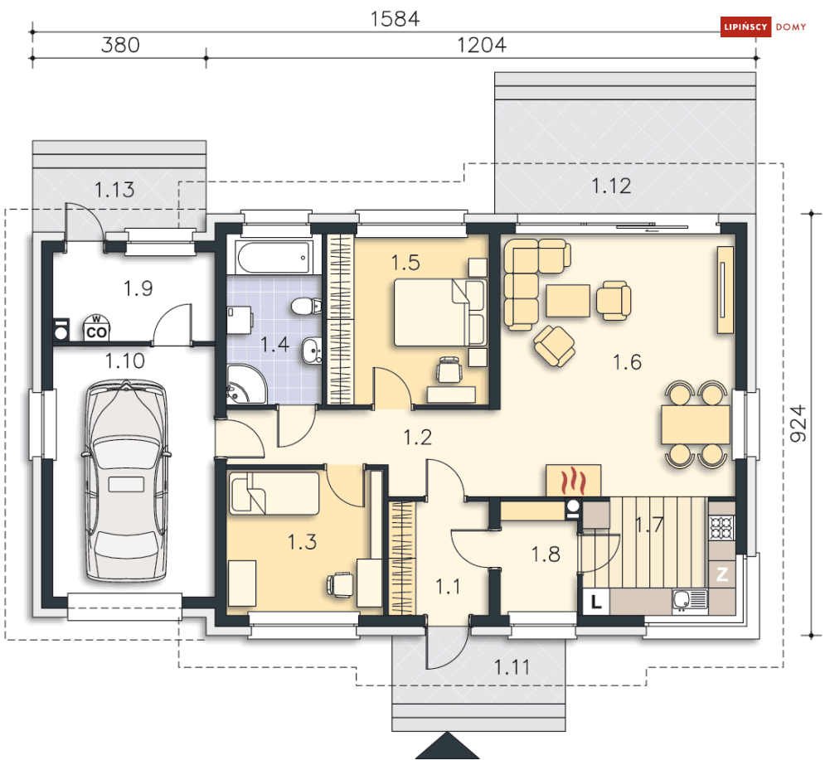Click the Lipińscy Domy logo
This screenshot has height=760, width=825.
tap(764, 27)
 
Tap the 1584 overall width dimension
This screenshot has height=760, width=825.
tap(396, 19)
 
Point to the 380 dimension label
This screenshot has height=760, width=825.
tap(120, 46)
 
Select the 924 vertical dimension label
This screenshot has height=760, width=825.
tap(798, 424)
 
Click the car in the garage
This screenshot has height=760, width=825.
tap(126, 482)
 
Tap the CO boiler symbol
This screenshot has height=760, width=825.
tap(96, 328)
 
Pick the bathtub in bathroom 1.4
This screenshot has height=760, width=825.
tap(274, 258)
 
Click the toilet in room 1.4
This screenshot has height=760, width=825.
tap(306, 306)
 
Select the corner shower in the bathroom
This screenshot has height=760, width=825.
tap(245, 384)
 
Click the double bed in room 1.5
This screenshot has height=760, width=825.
tap(439, 312)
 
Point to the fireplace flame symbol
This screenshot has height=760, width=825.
tap(573, 480)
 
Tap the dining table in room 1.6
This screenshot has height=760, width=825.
tap(696, 424)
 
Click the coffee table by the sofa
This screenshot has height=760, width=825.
tap(568, 301)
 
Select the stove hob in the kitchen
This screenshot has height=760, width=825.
tap(721, 528)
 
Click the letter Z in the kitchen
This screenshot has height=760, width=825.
tap(722, 574)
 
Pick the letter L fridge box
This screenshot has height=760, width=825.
tap(596, 601)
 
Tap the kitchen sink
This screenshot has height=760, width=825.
tap(690, 600)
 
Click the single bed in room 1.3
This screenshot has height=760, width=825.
tap(274, 493)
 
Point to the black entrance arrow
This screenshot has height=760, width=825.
tap(447, 745)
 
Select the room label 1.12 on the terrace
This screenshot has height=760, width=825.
tap(611, 186)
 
